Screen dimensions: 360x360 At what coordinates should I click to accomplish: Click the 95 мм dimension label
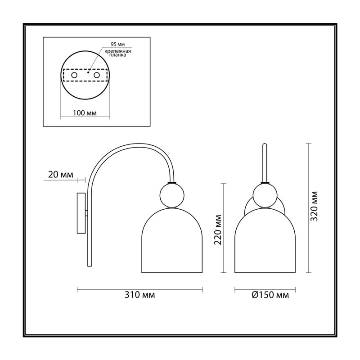(x=117, y=44)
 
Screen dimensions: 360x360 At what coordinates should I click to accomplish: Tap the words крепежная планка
(x=117, y=53)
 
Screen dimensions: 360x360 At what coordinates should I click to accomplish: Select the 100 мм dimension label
(x=85, y=113)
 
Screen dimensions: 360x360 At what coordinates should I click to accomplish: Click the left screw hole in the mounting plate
(x=74, y=75)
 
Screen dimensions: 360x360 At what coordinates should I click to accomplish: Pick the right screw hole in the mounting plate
(x=97, y=75)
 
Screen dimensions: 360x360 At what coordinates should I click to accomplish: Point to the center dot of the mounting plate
(x=88, y=72)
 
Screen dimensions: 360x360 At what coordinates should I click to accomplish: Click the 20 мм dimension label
(x=61, y=175)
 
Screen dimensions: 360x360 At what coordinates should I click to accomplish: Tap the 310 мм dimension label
(x=139, y=295)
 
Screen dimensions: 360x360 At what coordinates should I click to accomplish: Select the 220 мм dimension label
(x=218, y=230)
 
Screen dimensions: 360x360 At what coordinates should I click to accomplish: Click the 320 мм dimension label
(x=314, y=206)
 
